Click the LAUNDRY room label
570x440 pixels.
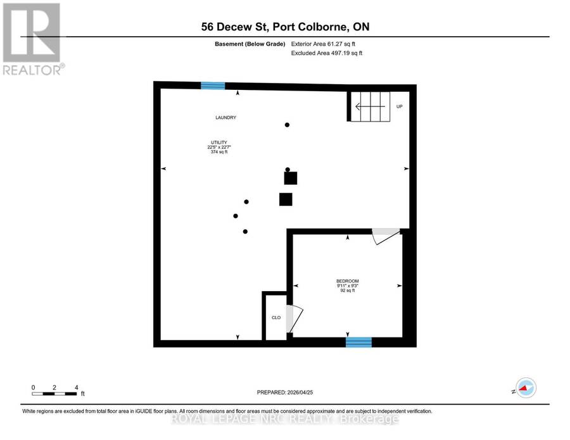tap(225, 117)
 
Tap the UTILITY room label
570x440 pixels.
tap(219, 142)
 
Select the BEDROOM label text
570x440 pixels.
tap(348, 281)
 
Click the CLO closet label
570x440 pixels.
tap(276, 318)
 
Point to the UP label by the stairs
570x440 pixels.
tap(399, 106)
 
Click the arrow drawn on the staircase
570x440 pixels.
tap(370, 106)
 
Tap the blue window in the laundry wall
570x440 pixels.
tap(213, 85)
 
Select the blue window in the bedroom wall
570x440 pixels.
tap(358, 342)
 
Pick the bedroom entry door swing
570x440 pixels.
tap(386, 237)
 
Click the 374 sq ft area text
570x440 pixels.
tap(219, 152)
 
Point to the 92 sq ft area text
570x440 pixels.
tap(348, 291)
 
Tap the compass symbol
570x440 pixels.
tap(526, 388)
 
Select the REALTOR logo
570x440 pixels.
tap(34, 39)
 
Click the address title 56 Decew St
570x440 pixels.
tap(286, 27)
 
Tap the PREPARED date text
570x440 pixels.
tap(285, 393)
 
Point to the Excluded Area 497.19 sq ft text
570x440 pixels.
tap(327, 53)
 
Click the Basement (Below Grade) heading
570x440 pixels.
tap(250, 44)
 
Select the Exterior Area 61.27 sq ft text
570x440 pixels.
tap(323, 44)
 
